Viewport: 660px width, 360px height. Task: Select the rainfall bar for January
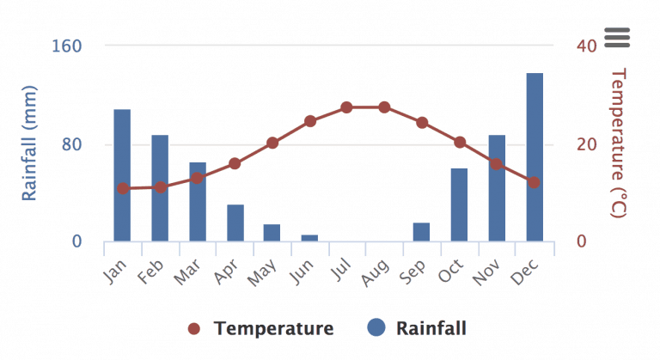(x=122, y=175)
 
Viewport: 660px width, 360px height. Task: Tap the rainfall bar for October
(x=459, y=204)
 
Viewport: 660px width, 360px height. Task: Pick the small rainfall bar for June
(x=309, y=238)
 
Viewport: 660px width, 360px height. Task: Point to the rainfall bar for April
(x=235, y=223)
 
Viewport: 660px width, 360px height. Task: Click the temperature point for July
(x=346, y=107)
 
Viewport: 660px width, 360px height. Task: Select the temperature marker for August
(x=384, y=107)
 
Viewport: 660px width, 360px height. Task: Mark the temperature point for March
(x=197, y=178)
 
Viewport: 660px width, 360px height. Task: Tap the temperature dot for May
(x=272, y=143)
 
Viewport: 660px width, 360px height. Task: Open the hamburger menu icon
(x=617, y=37)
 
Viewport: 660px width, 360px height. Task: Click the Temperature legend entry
(x=261, y=328)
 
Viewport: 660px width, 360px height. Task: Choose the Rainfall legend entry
(x=418, y=328)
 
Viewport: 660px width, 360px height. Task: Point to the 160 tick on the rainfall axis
(x=68, y=46)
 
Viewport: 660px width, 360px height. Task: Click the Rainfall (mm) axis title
(x=29, y=143)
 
